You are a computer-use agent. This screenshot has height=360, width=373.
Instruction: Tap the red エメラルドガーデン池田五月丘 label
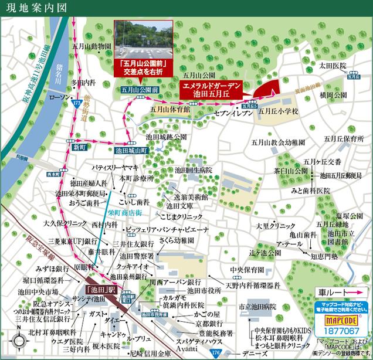coord(209,89)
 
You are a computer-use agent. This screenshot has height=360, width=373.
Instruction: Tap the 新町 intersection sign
coord(79,148)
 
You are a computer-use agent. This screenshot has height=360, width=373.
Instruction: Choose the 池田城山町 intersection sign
coord(133,150)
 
